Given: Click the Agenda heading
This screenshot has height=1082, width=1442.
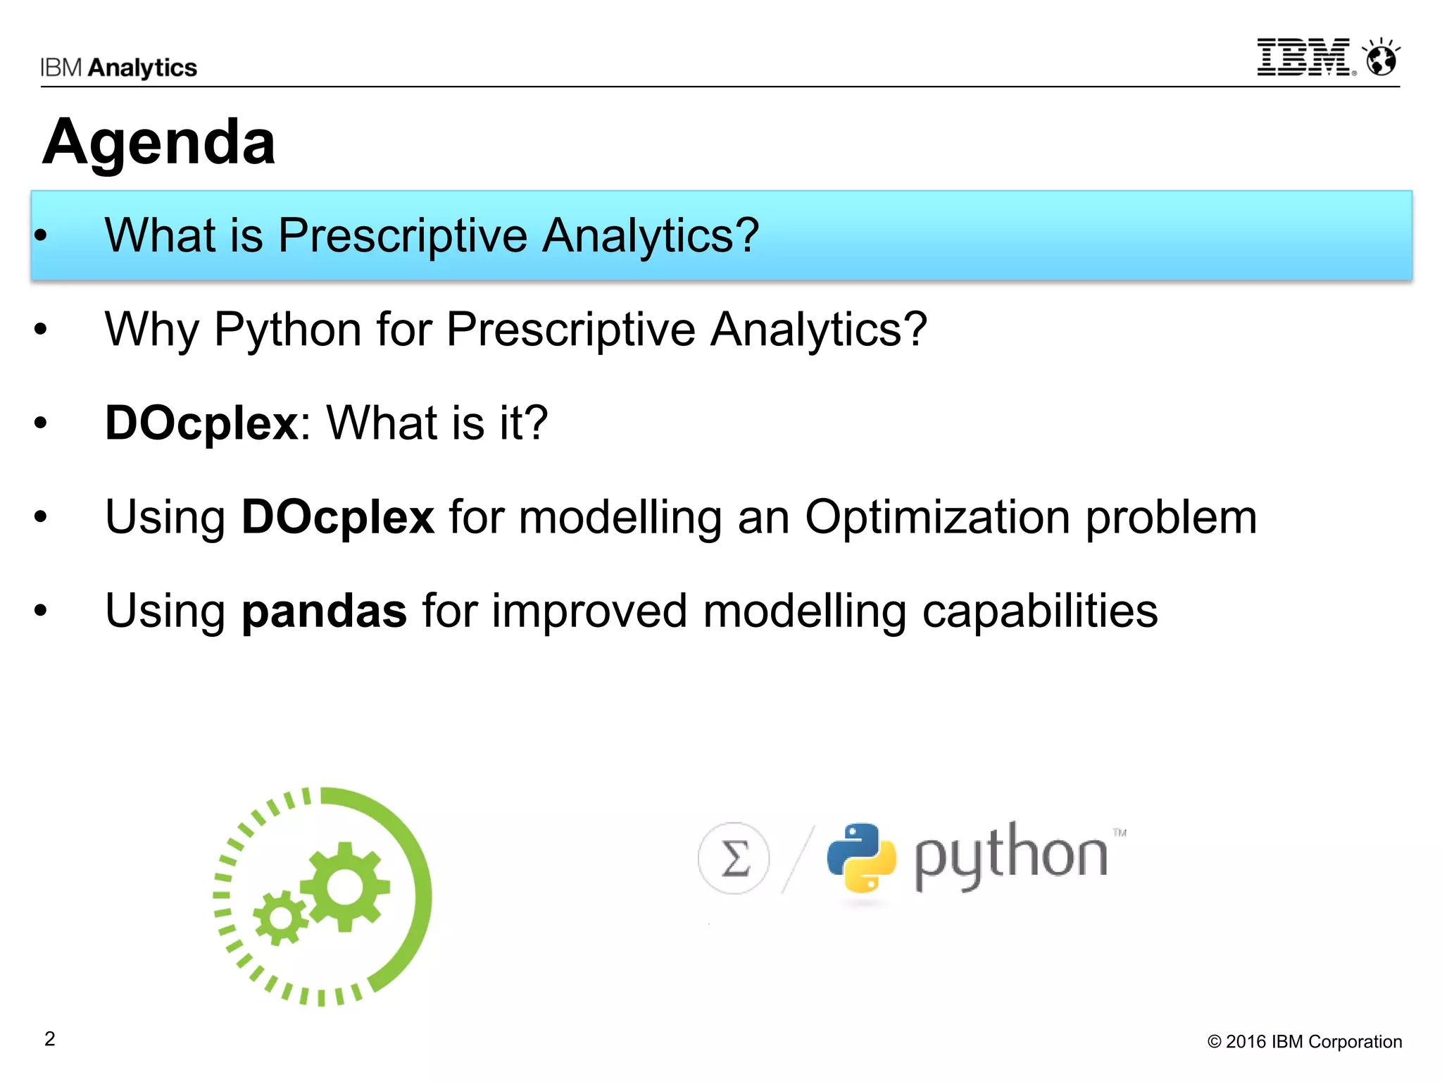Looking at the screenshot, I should [x=159, y=142].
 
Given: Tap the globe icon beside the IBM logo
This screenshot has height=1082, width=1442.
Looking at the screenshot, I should [x=1381, y=58].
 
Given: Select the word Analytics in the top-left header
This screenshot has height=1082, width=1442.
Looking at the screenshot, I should [x=143, y=68].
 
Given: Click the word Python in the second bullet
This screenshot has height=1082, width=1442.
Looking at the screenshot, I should [x=287, y=329].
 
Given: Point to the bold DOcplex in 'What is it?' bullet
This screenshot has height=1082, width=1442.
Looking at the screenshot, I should [x=202, y=423].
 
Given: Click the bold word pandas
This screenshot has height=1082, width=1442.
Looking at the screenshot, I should [x=324, y=611].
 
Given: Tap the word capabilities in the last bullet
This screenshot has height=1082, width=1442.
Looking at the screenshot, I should [x=1039, y=611].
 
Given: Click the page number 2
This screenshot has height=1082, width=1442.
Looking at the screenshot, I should [x=50, y=1039].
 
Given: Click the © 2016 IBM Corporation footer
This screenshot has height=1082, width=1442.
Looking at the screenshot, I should [x=1305, y=1042].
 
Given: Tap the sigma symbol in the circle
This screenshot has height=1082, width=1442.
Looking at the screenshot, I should [x=734, y=859].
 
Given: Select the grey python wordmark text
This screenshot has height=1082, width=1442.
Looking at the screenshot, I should [x=1011, y=857].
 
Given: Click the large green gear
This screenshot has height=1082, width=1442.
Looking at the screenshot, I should [x=344, y=887].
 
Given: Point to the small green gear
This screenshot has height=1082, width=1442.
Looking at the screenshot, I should [x=280, y=918].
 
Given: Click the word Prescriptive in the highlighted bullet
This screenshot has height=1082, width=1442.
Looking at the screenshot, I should [x=402, y=235].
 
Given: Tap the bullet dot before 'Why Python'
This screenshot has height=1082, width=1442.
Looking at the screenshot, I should [x=41, y=329].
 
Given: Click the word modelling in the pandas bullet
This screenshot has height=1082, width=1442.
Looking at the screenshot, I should [x=804, y=611].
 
